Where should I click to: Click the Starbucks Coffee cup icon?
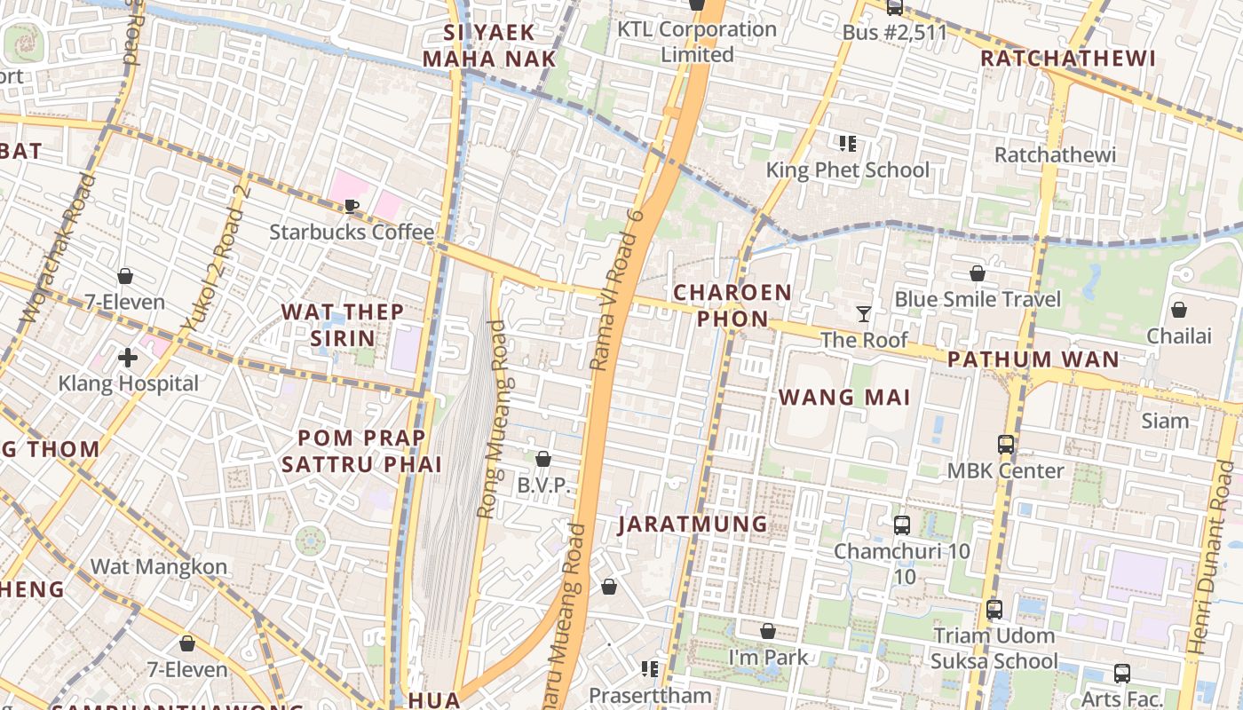pos(352,207)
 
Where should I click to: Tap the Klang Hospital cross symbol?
pos(128,358)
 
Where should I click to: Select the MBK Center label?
pos(1005,470)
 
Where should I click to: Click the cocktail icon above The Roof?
pos(863,313)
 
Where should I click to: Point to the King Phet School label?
pos(848,170)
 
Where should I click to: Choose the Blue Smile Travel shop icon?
pos(978,273)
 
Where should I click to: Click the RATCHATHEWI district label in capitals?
pos(1068,59)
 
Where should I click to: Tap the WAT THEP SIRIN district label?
pos(343,325)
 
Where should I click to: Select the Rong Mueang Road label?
pos(491,419)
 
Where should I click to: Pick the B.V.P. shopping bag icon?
pos(543,459)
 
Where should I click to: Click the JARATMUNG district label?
pos(693,524)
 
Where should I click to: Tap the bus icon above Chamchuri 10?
pos(902,525)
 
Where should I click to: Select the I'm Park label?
pos(768,658)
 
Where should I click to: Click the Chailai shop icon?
pos(1178,310)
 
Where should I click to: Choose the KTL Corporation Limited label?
pos(697,42)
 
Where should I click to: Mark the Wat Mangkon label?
pos(159,566)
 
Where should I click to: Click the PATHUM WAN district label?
pos(1033,359)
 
